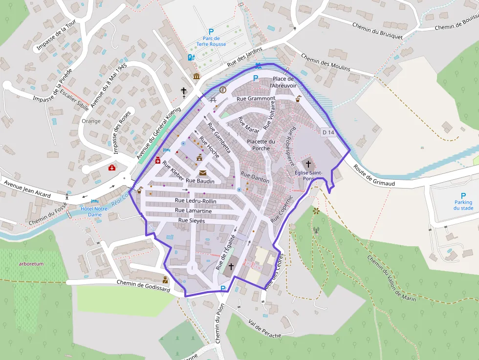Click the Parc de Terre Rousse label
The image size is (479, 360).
(x=211, y=41)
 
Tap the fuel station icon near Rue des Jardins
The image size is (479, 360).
(x=191, y=57)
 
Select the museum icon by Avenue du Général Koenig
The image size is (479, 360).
(x=196, y=77)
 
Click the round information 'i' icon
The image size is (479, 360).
(x=223, y=90)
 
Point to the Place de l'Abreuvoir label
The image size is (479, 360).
(x=283, y=82)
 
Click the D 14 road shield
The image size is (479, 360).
(x=328, y=132)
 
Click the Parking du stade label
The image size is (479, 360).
(x=463, y=205)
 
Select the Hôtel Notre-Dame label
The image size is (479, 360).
(x=95, y=212)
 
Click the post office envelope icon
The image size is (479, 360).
(x=203, y=173)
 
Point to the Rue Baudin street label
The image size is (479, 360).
(x=198, y=181)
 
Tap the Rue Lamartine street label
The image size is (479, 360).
(x=194, y=211)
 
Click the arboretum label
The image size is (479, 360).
(x=31, y=264)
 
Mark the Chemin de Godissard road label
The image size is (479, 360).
(x=143, y=286)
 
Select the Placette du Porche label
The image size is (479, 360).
(x=261, y=145)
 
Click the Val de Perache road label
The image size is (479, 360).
(x=265, y=329)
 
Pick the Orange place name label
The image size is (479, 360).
(x=91, y=121)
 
